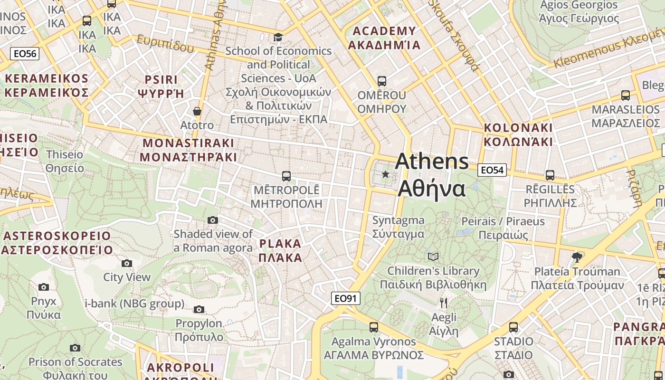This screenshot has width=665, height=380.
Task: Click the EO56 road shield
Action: point(25,54)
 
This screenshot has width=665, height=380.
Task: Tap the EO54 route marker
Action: point(492,170)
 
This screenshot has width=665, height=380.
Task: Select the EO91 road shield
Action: point(345,298)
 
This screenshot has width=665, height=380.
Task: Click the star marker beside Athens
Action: point(385,175)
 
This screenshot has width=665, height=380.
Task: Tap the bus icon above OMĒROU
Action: point(382,81)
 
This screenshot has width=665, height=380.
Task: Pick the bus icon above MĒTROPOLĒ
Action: point(286,176)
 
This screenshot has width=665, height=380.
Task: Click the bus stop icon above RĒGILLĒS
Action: point(550,175)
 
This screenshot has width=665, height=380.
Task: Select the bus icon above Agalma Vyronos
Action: point(374,327)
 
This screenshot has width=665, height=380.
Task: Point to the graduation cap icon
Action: point(278,37)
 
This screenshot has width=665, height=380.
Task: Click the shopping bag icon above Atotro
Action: point(197,111)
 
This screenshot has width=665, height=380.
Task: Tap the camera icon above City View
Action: point(127,263)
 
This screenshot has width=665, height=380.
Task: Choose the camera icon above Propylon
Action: point(199,310)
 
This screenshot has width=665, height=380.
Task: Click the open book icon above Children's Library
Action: point(433,256)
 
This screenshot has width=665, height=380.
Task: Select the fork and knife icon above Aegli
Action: point(444,303)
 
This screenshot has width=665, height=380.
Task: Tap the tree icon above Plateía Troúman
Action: point(577,257)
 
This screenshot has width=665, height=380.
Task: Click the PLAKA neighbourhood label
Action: point(280,251)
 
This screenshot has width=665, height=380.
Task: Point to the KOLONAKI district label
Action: point(518,134)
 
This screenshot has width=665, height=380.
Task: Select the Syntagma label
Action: point(398,227)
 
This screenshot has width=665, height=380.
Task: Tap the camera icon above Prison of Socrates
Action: point(75,348)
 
